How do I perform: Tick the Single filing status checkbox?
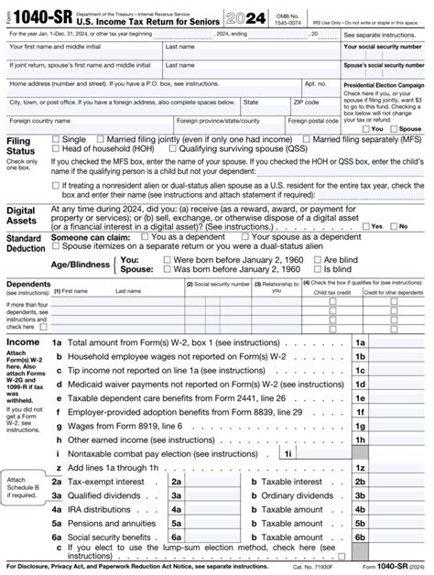pyautogui.click(x=56, y=139)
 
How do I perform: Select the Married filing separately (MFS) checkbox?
pyautogui.click(x=307, y=139)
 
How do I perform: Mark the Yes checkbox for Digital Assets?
pyautogui.click(x=366, y=226)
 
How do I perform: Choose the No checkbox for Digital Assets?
pyautogui.click(x=393, y=226)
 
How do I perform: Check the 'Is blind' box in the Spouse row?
pyautogui.click(x=317, y=270)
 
